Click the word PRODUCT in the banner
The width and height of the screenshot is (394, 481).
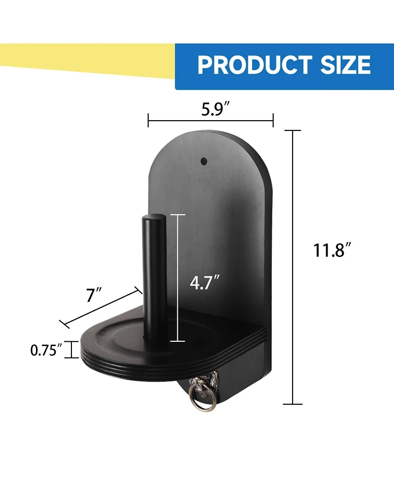pos(255,65)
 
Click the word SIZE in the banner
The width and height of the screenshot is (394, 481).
pos(345,65)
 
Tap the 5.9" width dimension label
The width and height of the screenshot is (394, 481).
pos(210,109)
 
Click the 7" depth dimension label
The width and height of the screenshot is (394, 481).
pos(94,295)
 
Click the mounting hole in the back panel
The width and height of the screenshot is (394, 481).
pos(203,160)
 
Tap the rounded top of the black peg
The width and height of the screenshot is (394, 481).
pos(153,219)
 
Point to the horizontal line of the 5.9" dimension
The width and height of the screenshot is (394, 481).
pos(210,120)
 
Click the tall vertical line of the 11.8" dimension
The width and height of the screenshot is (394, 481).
pos(294,266)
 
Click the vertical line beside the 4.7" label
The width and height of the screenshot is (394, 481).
pos(178,278)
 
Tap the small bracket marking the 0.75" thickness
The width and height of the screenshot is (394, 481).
pos(72,350)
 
